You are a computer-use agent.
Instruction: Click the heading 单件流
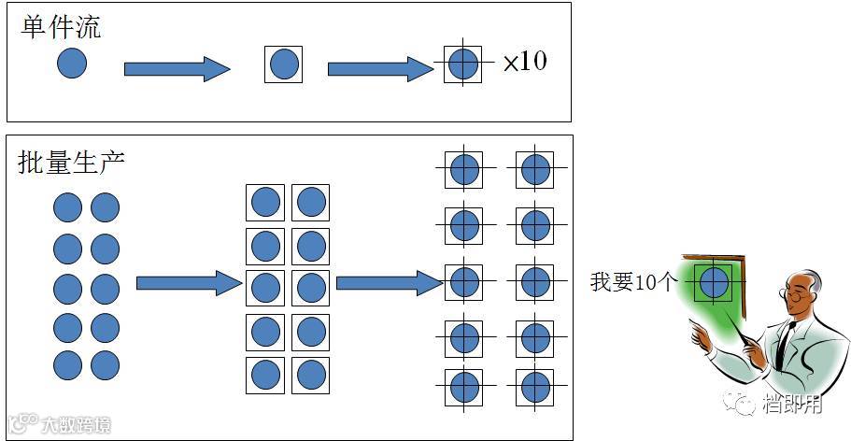tap(61, 26)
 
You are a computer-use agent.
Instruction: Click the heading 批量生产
tap(71, 162)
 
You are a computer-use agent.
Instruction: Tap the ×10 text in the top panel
tap(524, 63)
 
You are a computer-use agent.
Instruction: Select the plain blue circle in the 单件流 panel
tap(72, 64)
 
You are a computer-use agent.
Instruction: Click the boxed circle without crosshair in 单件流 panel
tap(283, 64)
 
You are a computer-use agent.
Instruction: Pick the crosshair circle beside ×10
tap(462, 64)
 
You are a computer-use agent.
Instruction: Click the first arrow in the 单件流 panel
tap(177, 67)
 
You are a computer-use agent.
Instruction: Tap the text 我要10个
tap(632, 282)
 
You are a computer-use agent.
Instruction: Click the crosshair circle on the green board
tap(715, 281)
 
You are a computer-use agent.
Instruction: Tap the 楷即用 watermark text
tap(792, 405)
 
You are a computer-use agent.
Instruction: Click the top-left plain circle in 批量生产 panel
tap(67, 207)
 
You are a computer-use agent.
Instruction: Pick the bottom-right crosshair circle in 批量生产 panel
tap(535, 388)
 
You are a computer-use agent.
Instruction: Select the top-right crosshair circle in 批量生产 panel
tap(535, 170)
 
